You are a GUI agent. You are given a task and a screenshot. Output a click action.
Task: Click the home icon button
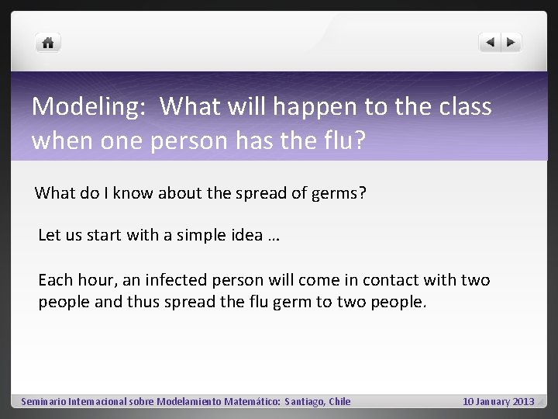coord(48,43)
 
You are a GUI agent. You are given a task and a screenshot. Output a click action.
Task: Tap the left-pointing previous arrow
coord(490,43)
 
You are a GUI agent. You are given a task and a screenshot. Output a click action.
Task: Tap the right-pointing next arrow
coord(511,43)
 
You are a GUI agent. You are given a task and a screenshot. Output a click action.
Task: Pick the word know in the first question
coord(133,193)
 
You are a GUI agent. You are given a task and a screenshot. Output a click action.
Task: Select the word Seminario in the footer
coord(43,402)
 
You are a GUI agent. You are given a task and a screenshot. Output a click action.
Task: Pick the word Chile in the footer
coord(339,402)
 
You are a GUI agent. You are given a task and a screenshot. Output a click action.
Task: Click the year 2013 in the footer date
coord(523,402)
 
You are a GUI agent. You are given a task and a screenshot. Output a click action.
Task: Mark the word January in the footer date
coord(493,402)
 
